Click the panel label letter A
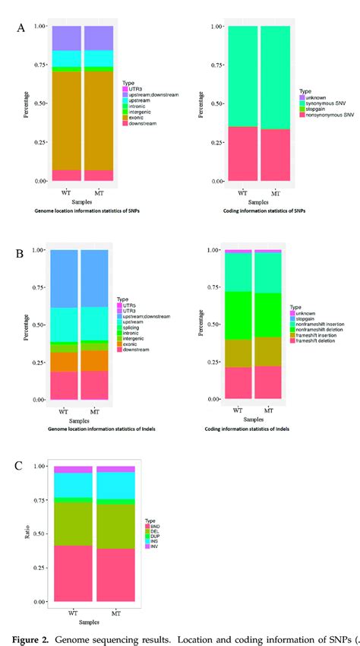tap(21, 28)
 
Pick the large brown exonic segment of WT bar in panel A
tap(65, 122)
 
